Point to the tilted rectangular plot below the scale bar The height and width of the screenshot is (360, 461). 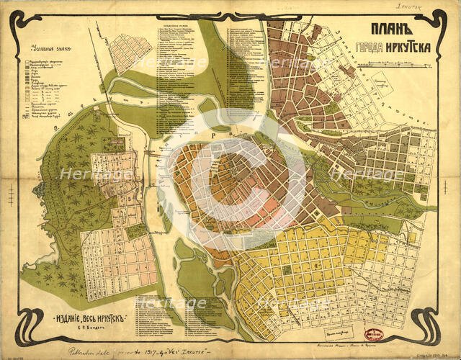tap(382, 87)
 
